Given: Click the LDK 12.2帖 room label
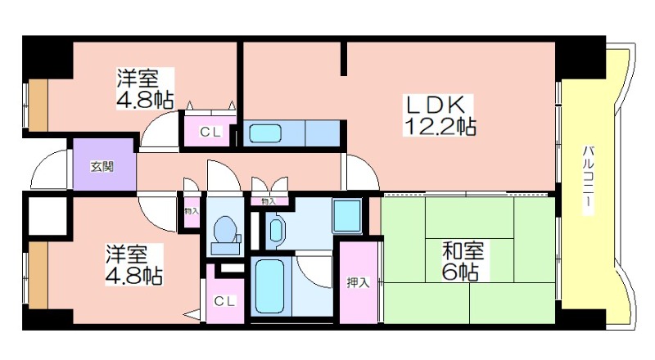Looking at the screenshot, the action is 439,115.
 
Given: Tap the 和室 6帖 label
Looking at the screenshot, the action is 463,261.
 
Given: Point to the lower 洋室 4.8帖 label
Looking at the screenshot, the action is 133,265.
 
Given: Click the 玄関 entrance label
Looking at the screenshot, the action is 102,167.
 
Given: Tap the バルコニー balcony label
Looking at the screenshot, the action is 588,181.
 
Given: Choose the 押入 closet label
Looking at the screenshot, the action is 358,283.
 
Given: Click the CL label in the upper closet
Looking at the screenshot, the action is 210,132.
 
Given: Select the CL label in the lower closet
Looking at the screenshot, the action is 224,301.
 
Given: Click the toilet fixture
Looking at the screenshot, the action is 225,235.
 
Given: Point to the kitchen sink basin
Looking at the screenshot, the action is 265,133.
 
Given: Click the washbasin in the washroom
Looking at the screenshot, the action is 275,231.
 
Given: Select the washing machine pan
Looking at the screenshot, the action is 346,216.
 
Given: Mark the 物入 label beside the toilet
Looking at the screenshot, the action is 192,211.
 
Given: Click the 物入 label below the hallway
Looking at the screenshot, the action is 269,201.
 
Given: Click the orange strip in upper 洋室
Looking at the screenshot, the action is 38,105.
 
